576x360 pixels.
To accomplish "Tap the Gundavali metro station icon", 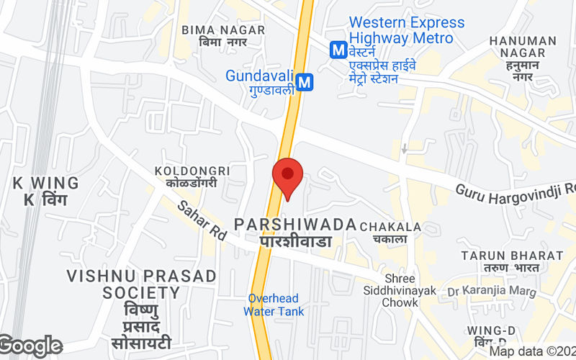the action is [x=305, y=82].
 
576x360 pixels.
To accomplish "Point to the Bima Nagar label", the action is [x=223, y=36].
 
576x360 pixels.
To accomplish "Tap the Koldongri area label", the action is [x=192, y=176].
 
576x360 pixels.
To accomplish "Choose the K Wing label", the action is [x=38, y=191].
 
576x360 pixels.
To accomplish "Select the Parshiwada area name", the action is [x=295, y=232].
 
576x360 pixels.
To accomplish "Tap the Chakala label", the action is [x=390, y=233].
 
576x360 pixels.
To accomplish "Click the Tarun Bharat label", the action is [x=513, y=261].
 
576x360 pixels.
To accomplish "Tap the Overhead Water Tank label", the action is [x=274, y=305].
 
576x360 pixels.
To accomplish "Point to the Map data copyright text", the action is [x=533, y=352].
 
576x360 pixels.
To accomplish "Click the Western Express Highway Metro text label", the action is [x=407, y=30].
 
